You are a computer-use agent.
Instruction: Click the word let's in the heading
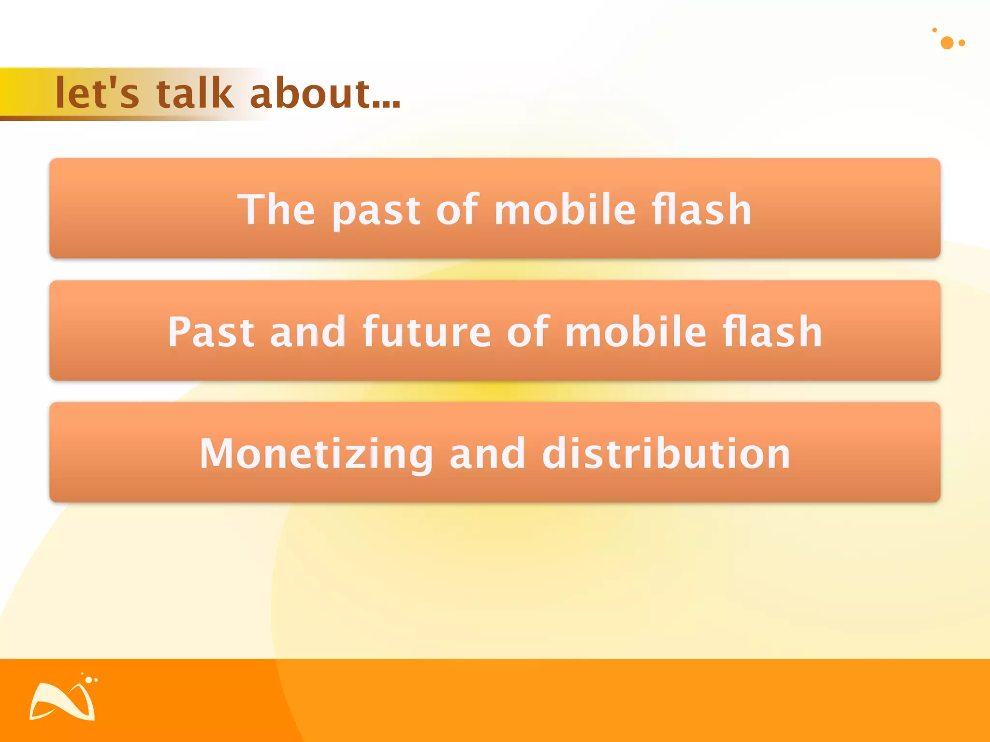point(97,93)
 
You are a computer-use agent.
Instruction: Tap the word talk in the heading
point(195,93)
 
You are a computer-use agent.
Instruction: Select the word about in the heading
point(310,93)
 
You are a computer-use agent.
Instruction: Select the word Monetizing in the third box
point(316,454)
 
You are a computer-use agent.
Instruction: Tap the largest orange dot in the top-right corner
point(947,43)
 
